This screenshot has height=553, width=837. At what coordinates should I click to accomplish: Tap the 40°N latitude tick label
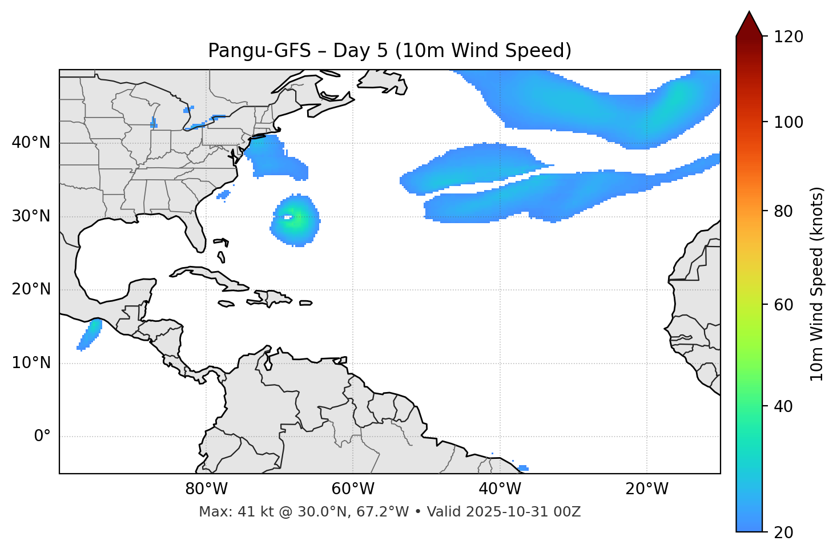point(31,143)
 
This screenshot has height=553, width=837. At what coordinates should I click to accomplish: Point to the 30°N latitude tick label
point(31,216)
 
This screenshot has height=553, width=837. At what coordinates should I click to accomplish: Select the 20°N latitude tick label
point(31,289)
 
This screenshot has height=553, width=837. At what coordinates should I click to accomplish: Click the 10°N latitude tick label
point(31,363)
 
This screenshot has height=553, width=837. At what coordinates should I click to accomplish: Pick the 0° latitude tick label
point(42,437)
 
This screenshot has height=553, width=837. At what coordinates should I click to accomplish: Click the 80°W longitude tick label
point(206,489)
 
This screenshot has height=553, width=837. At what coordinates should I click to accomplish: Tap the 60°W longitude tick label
point(353,489)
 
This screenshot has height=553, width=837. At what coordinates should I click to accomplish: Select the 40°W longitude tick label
point(500,489)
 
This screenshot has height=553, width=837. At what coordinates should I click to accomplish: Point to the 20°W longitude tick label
point(646,489)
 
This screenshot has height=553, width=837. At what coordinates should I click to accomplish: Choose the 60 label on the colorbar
point(786,305)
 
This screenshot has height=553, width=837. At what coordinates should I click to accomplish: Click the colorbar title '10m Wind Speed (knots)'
point(817,284)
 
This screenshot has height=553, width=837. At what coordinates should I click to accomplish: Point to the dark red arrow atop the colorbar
point(749,24)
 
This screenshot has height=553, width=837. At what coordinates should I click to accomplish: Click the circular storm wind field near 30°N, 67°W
point(295,220)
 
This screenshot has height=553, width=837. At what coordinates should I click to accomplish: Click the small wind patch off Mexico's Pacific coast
point(90,335)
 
